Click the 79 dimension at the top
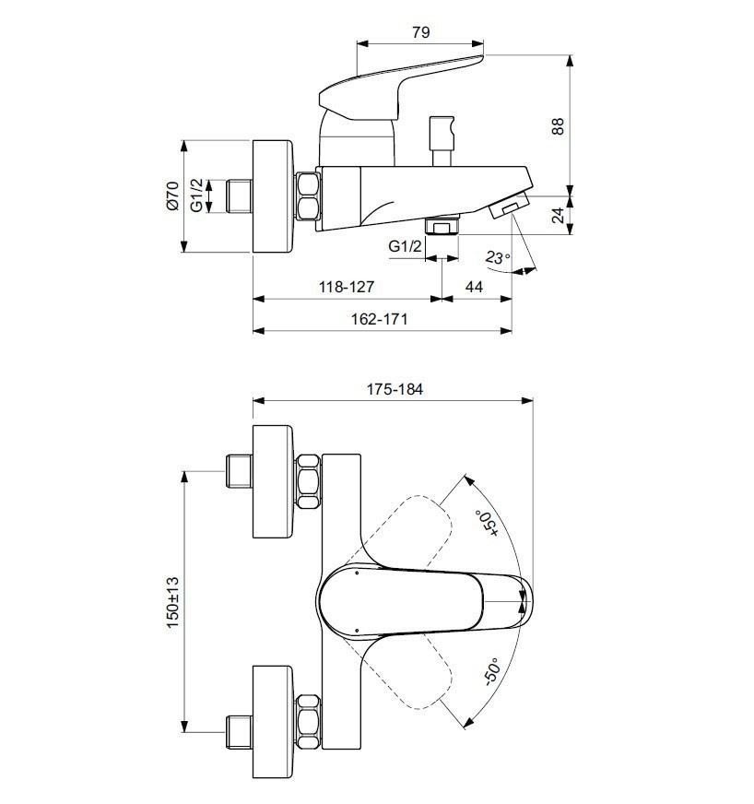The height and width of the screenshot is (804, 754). (420, 32)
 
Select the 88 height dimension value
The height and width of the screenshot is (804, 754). (558, 126)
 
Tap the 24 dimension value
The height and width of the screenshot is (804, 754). (558, 215)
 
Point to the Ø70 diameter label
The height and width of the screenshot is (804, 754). (172, 195)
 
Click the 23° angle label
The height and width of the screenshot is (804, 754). (497, 257)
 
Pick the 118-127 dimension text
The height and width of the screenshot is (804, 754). (347, 287)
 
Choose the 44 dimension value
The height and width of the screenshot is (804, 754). (474, 287)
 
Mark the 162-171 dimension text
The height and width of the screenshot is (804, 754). (380, 319)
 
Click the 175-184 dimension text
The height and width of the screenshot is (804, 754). (395, 390)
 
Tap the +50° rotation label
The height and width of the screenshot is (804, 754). (487, 523)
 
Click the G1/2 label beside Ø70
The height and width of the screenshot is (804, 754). (197, 195)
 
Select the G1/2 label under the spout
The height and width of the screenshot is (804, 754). (405, 246)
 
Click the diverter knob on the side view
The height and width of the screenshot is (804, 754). (442, 141)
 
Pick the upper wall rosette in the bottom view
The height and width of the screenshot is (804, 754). (274, 481)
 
